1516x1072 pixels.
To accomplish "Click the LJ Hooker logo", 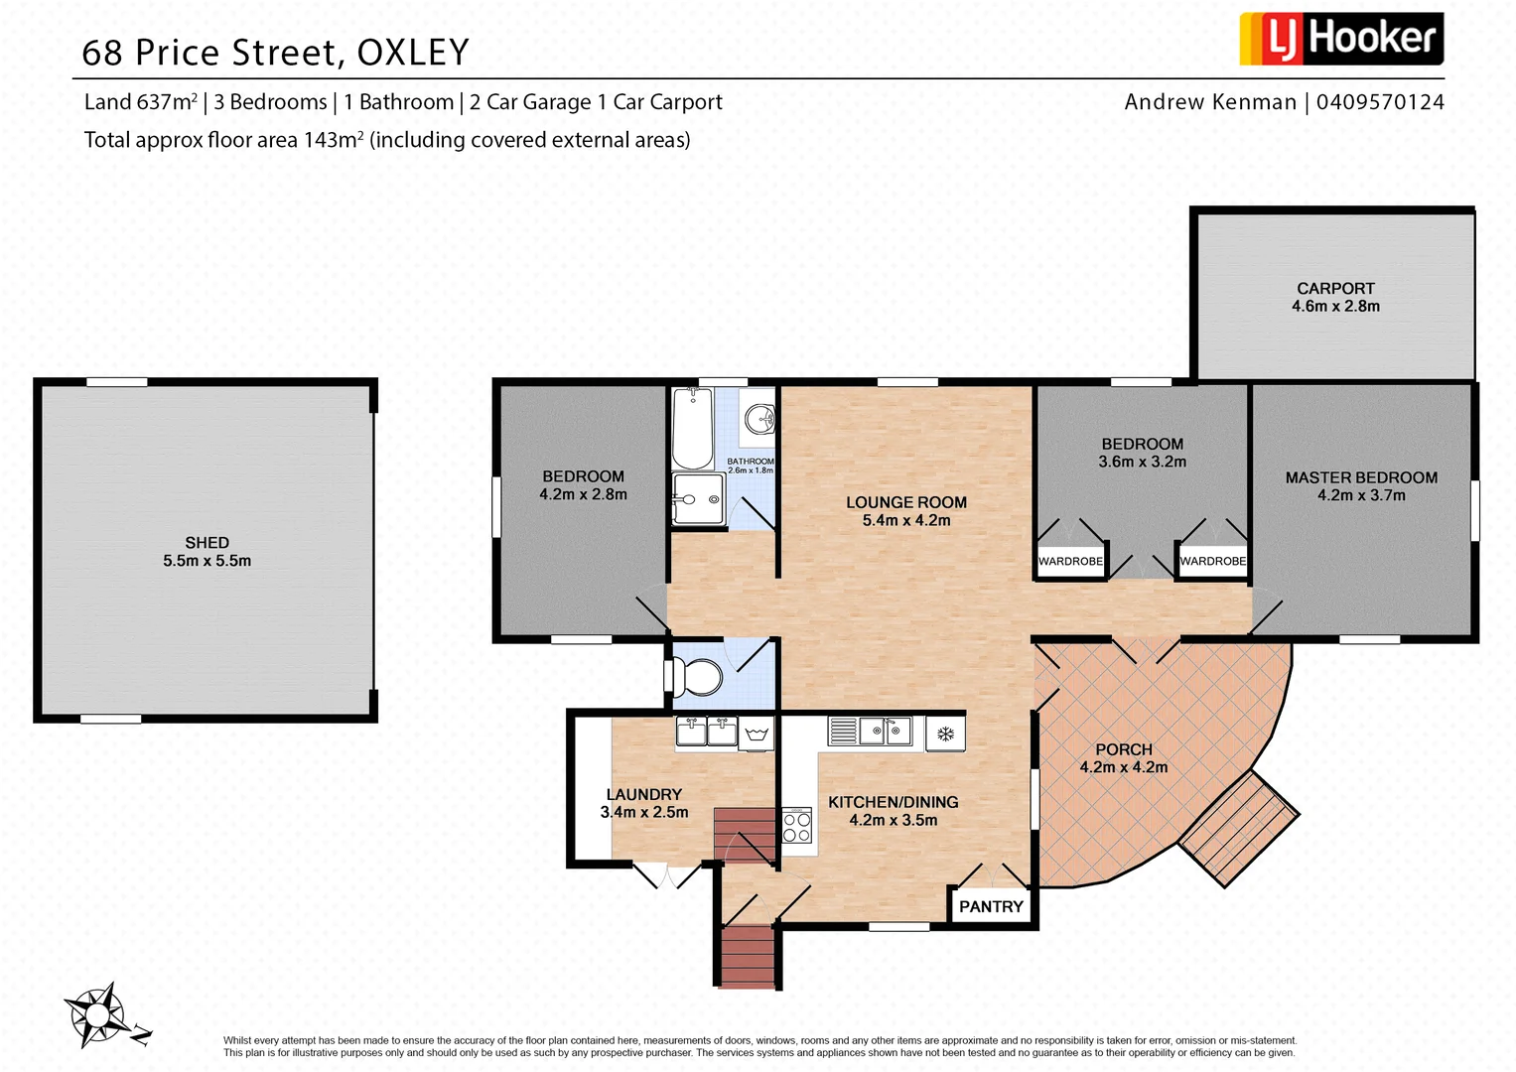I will pos(1340,39).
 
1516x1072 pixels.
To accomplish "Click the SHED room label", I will pos(207,543).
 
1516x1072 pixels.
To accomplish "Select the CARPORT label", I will pos(1335,289).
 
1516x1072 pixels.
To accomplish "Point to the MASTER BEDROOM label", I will pos(1361,478).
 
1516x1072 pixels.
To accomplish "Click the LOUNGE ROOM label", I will pos(905,503).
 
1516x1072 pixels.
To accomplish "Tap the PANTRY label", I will pos(991,907).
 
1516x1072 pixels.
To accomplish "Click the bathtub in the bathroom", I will pos(692,429).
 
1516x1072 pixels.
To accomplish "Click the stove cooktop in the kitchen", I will pos(797,826).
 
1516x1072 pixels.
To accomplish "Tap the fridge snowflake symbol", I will pos(945,735).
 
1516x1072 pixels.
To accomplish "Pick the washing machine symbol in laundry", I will pos(757,735).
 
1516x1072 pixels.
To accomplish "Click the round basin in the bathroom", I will pos(759,418).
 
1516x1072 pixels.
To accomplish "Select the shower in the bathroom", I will pos(699,497).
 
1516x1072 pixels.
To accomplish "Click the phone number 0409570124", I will pos(1380,102).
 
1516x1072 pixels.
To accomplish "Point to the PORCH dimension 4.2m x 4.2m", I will pos(1124,767).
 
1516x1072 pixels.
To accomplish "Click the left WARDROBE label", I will pos(1070,562).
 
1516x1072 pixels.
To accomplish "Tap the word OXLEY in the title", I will pos(413,53).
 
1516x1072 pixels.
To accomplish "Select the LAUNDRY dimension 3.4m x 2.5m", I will pos(643,812).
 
